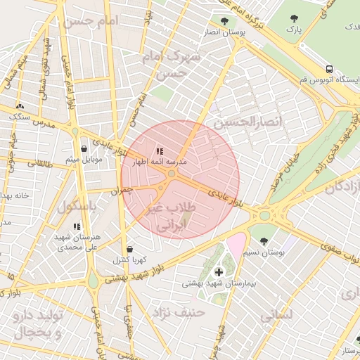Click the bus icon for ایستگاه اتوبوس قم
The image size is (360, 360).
tap(329, 69)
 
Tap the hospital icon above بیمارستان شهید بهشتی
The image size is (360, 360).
tap(218, 271)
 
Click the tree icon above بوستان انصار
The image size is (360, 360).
tap(224, 21)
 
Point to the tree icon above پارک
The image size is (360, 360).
tap(294, 19)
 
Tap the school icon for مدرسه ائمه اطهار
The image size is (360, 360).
tap(160, 150)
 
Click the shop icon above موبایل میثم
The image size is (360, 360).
tap(84, 149)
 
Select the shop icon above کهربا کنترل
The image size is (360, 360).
tap(129, 249)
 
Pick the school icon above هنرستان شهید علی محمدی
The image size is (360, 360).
tap(77, 226)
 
